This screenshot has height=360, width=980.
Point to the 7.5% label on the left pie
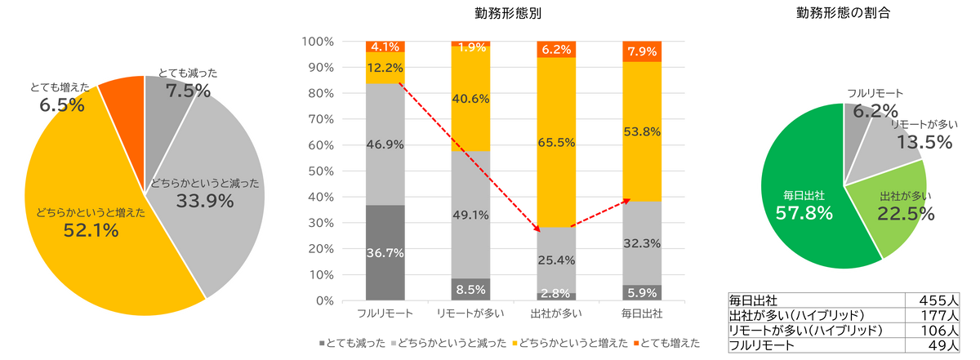click(x=189, y=91)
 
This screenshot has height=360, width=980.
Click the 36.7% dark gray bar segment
click(x=385, y=252)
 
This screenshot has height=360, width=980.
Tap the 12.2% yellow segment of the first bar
click(x=385, y=68)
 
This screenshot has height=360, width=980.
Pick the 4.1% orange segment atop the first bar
click(x=385, y=47)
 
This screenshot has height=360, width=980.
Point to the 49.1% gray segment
click(x=471, y=215)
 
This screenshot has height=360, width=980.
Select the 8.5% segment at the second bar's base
click(x=471, y=289)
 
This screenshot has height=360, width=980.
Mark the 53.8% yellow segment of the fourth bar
click(x=643, y=131)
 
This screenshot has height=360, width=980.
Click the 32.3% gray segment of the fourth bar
click(x=643, y=242)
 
